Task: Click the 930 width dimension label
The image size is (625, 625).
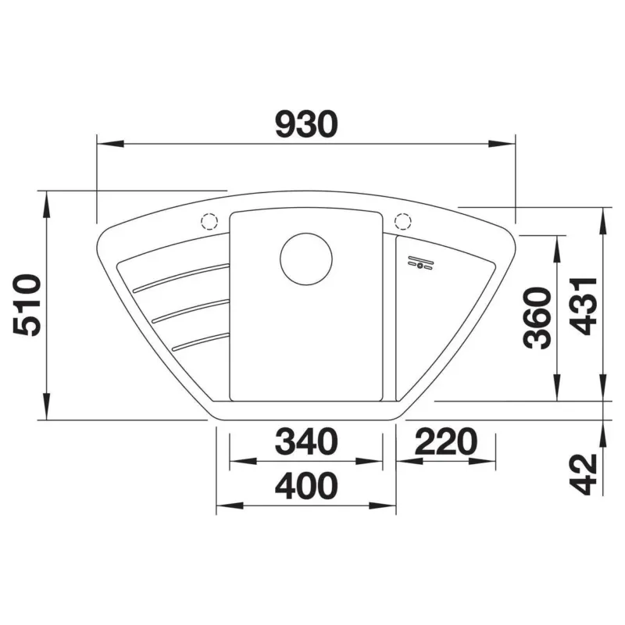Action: click(x=306, y=124)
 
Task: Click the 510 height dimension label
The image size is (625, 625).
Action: click(x=27, y=305)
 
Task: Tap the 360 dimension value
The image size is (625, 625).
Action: click(x=537, y=318)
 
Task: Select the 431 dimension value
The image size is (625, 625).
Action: click(x=584, y=306)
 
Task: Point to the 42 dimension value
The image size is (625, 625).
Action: click(x=584, y=474)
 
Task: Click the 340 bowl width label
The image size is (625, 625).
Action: click(x=306, y=441)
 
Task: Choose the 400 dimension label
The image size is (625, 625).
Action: click(x=306, y=485)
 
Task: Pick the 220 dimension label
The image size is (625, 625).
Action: click(x=446, y=441)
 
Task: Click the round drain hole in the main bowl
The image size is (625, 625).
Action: click(x=306, y=259)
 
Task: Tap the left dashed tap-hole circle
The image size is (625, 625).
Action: click(x=209, y=221)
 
